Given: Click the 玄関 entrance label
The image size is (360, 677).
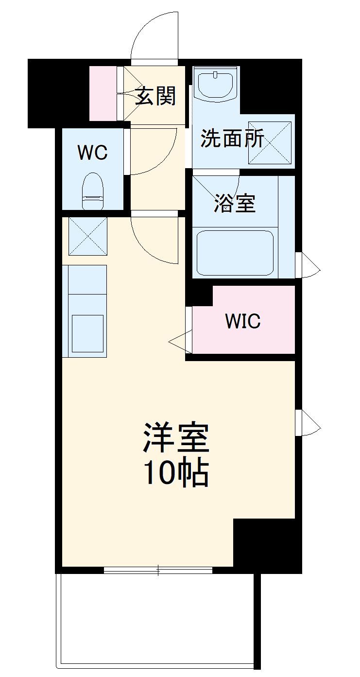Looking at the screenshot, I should point(155,96).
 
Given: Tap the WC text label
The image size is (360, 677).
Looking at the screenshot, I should point(93,153).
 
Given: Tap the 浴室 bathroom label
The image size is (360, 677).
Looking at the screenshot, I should point(235,204).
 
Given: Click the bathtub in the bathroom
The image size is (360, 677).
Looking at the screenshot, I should point(235,252).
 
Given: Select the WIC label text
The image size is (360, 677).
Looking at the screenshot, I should point(243,321).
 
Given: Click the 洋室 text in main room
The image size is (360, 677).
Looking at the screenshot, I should point(176,437).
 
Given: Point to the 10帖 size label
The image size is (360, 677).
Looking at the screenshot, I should point(176,472).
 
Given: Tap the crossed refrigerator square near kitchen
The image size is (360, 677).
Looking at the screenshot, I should point(87,236).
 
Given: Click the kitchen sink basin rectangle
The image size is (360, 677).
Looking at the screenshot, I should point(87,333).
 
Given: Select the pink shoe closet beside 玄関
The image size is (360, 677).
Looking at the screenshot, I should point(103,93).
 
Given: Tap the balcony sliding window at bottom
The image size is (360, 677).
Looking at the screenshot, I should point(158,570).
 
